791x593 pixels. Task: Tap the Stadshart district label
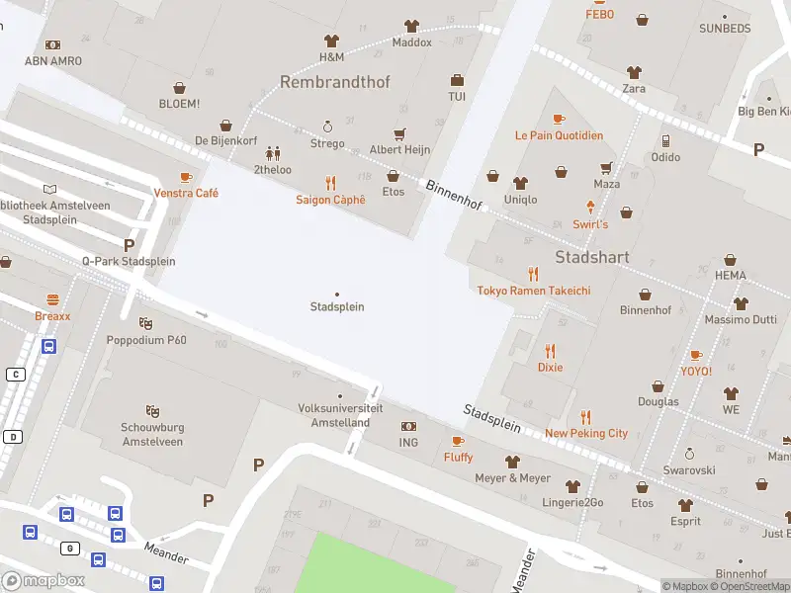(593, 257)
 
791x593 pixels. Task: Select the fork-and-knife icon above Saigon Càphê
(330, 183)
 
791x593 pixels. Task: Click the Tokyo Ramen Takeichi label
(534, 291)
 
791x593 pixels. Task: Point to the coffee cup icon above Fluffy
(457, 441)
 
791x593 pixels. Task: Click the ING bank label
(408, 442)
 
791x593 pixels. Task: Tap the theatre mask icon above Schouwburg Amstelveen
(152, 410)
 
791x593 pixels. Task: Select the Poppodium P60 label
(146, 340)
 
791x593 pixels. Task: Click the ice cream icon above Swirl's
(590, 208)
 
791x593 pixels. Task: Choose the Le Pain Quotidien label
(559, 135)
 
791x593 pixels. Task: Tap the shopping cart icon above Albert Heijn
(399, 133)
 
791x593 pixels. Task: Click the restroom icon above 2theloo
(272, 153)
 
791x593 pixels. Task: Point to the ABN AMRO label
(53, 60)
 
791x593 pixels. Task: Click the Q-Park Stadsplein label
(129, 261)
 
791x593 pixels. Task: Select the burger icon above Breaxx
(52, 299)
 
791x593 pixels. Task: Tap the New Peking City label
(585, 433)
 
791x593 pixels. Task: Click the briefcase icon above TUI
(457, 80)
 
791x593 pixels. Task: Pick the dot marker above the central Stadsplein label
(337, 294)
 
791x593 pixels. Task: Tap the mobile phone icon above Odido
(665, 140)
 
